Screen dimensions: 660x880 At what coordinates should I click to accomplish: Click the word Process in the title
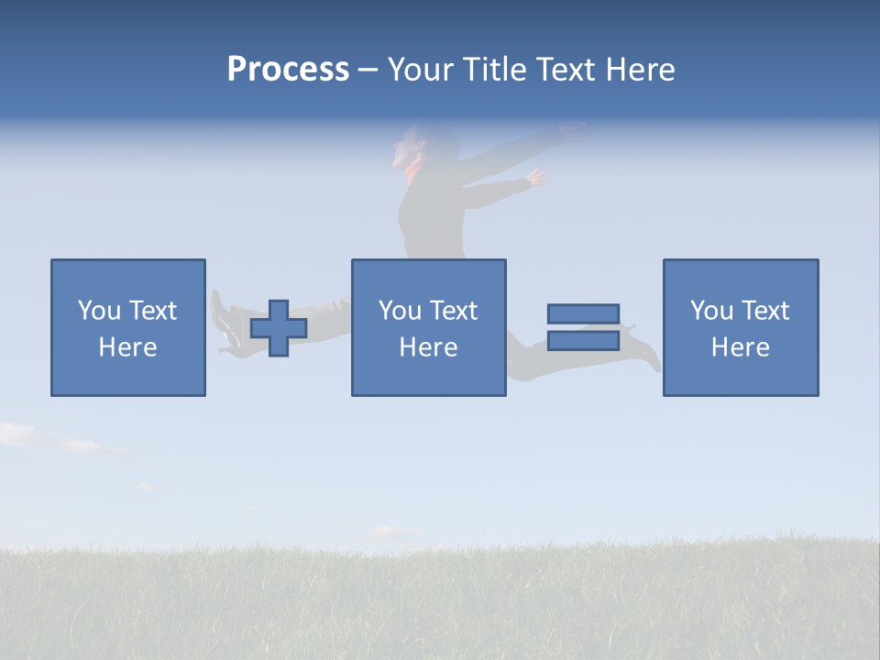tap(288, 70)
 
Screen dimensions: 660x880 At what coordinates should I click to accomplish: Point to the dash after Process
tap(368, 71)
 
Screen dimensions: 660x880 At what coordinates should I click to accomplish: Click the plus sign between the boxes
tap(279, 328)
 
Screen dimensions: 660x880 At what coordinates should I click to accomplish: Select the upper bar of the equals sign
tap(583, 313)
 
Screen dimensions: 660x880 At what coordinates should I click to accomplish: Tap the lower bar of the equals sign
tap(583, 341)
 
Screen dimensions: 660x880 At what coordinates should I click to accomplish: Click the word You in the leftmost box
tap(99, 311)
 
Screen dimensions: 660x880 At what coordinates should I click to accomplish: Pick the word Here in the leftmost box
tap(127, 347)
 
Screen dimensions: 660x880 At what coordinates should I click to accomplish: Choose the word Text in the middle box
tap(454, 311)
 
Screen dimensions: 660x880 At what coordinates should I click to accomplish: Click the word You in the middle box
tap(400, 311)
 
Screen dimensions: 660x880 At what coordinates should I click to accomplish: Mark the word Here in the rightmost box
tap(740, 347)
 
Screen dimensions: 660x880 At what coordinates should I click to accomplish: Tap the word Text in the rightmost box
tap(765, 311)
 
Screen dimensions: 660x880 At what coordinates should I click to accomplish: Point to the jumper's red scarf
tap(413, 172)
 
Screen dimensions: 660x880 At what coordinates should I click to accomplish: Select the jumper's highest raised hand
tap(573, 131)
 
